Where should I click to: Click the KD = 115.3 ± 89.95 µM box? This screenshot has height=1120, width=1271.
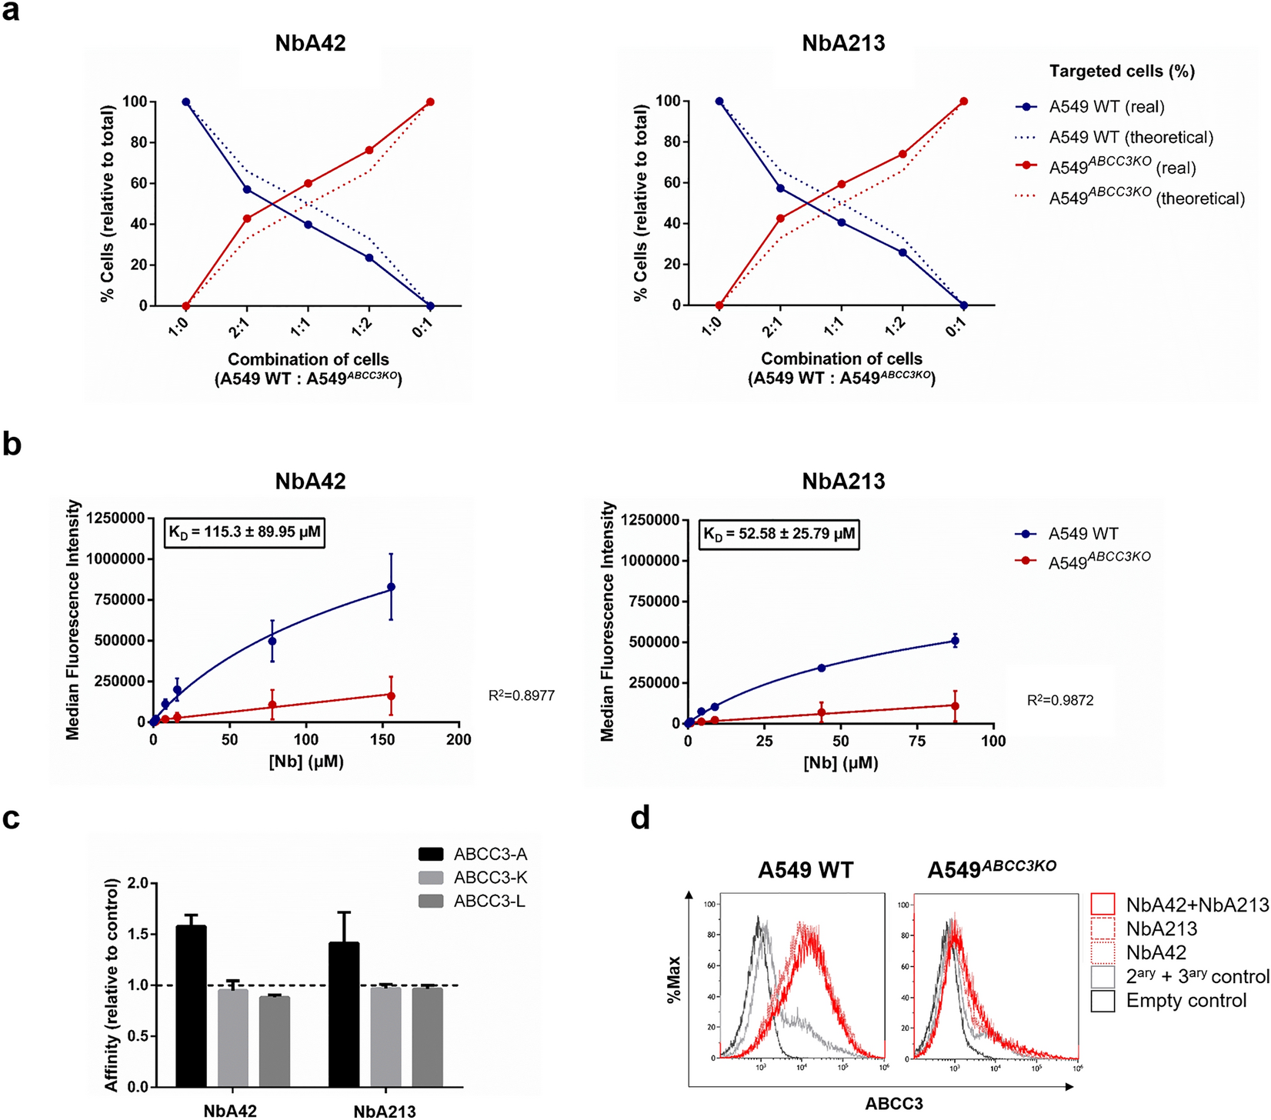pyautogui.click(x=244, y=532)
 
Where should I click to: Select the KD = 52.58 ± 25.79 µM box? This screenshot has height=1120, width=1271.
pyautogui.click(x=779, y=534)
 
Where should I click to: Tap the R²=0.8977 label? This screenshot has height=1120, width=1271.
pyautogui.click(x=521, y=696)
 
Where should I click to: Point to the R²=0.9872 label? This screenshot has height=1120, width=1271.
pyautogui.click(x=1059, y=701)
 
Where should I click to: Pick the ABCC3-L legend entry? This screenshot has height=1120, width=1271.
pyautogui.click(x=472, y=902)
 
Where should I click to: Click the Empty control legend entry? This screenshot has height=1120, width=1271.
pyautogui.click(x=1185, y=1001)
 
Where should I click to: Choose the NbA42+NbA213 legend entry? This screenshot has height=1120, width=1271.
pyautogui.click(x=1196, y=905)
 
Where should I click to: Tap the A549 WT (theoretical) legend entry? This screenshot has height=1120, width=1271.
pyautogui.click(x=1131, y=138)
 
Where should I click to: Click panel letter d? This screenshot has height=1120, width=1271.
pyautogui.click(x=640, y=818)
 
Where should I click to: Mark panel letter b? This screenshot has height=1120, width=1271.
pyautogui.click(x=12, y=445)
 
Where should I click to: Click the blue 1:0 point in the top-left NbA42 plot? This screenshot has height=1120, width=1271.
pyautogui.click(x=185, y=102)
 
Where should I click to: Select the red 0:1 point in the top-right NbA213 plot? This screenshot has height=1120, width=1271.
pyautogui.click(x=963, y=102)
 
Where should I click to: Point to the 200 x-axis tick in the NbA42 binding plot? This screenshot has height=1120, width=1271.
pyautogui.click(x=459, y=739)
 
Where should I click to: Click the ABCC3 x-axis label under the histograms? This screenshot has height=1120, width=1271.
pyautogui.click(x=893, y=1104)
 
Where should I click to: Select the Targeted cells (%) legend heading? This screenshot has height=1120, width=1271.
pyautogui.click(x=1122, y=72)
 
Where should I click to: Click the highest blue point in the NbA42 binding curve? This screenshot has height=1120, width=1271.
pyautogui.click(x=391, y=587)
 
